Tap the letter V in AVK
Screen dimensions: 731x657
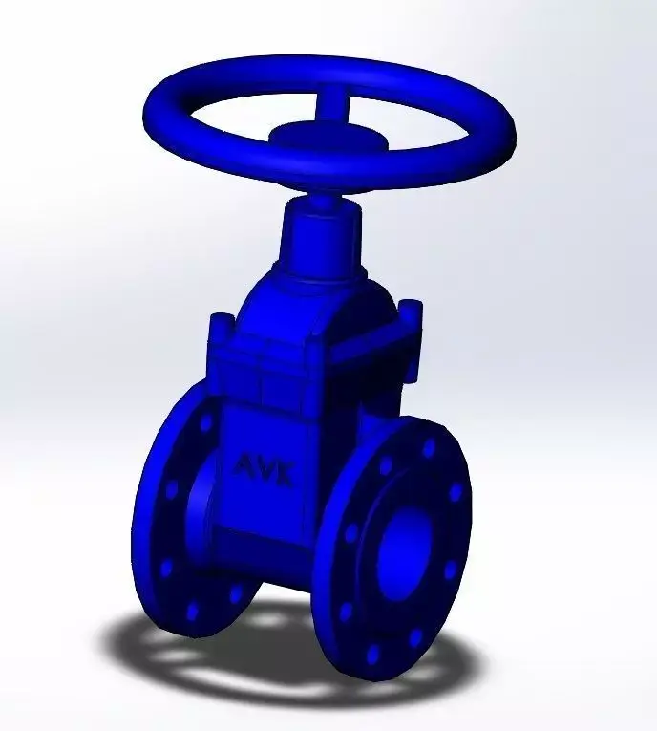[x=268, y=469]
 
